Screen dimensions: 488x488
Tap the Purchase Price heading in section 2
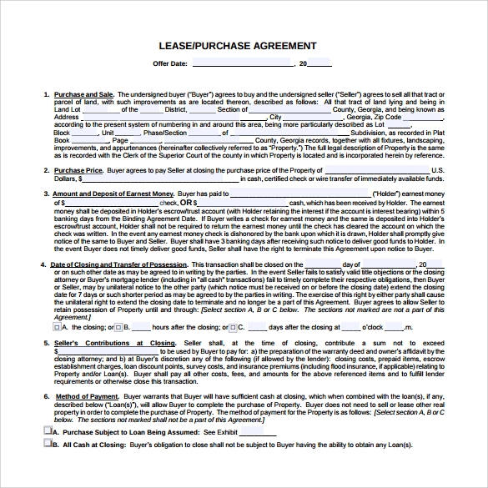(78, 170)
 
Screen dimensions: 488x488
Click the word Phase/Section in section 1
(164, 133)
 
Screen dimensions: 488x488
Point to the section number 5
(45, 343)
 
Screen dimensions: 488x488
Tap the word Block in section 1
(62, 133)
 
